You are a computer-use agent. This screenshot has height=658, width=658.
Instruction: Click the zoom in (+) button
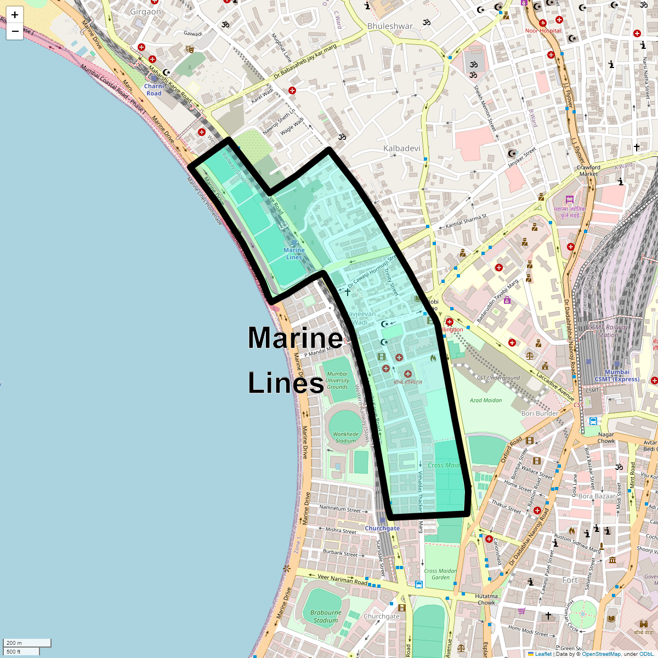pos(15,15)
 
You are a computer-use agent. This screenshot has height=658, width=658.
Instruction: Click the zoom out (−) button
pos(15,31)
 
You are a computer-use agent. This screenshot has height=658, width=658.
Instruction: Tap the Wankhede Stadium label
pos(345,437)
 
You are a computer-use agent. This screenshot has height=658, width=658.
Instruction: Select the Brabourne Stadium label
pos(326,616)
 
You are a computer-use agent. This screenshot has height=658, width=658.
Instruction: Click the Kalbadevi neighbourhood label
pos(401,149)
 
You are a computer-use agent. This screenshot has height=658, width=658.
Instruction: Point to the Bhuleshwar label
pos(390,26)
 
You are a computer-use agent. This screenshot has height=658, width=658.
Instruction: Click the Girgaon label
pos(146,12)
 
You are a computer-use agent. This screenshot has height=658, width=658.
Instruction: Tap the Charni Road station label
pos(154,90)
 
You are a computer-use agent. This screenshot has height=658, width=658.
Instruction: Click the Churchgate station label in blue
pos(382,529)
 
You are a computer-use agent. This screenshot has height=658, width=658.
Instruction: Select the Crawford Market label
pos(588,171)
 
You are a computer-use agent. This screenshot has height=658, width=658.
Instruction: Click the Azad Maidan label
pos(486,400)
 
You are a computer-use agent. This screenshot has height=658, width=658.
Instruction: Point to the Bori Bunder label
pos(540,413)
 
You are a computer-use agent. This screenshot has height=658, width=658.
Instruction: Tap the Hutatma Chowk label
pos(486,599)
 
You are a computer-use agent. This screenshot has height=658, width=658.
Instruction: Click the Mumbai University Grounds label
pos(337,381)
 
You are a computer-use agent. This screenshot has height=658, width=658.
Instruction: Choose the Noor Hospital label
pos(543,31)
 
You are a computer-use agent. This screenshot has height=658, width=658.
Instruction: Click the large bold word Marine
pos(295,338)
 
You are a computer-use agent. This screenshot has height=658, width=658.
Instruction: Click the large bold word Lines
pos(286,383)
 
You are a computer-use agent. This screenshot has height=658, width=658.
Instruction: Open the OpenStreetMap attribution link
pos(601,654)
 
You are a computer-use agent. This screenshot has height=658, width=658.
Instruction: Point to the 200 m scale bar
pos(27,643)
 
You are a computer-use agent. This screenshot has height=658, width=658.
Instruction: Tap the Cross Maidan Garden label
pos(440,574)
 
